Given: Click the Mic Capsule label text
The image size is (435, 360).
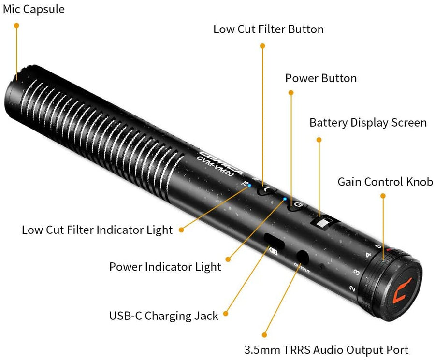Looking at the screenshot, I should (x=33, y=9).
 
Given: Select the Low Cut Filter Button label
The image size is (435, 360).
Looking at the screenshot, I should (x=268, y=29).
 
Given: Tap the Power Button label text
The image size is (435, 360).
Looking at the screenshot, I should (x=321, y=78).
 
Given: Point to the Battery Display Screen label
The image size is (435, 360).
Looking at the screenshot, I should (x=368, y=123).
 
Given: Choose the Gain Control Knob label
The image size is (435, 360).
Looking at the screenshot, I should (x=385, y=182).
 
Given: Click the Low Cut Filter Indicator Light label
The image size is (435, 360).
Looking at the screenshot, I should (x=97, y=230).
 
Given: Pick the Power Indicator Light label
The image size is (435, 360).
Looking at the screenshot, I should (x=165, y=266).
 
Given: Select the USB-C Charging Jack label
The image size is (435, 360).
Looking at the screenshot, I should (x=163, y=316).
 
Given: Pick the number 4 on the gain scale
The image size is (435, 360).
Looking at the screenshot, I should (x=368, y=255).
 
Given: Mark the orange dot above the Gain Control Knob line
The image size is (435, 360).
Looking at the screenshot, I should (x=383, y=196).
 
